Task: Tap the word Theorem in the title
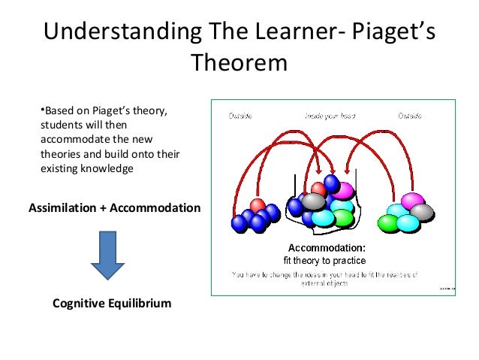239,63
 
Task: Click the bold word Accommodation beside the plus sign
155,207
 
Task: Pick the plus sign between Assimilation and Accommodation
103,207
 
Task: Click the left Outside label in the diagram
240,116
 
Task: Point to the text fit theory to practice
324,260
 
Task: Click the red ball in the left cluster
258,205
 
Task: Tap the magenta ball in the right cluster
412,201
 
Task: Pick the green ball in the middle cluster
342,218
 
